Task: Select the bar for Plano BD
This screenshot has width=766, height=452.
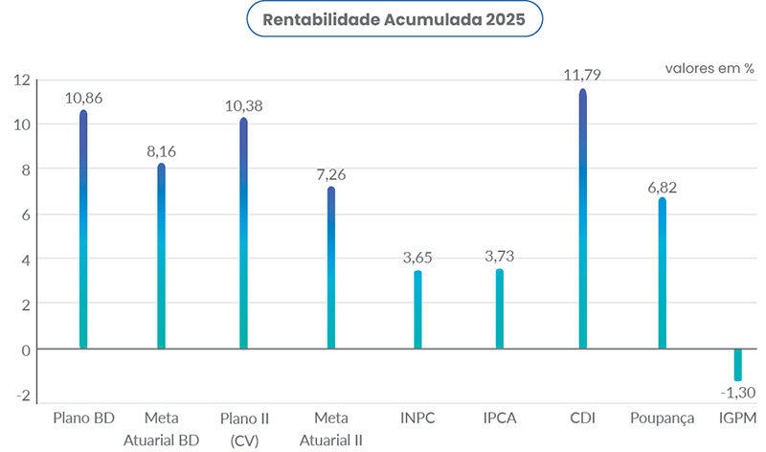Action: point(83,230)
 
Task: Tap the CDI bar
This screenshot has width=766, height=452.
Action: point(582,220)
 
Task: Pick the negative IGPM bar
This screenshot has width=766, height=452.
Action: point(738,365)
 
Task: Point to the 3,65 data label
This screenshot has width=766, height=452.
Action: point(417,258)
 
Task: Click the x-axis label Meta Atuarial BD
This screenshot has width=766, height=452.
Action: point(162,429)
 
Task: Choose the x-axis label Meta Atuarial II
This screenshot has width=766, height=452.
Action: point(331,429)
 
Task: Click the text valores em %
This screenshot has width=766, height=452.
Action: point(710,69)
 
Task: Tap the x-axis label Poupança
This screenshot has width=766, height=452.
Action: point(661,418)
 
